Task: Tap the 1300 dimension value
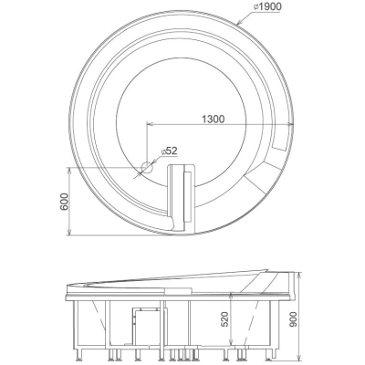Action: pos(213,119)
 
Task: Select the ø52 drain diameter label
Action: pos(169,151)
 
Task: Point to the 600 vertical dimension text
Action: pos(64,202)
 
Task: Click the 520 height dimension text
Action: pos(224,319)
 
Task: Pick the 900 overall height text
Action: pos(293,319)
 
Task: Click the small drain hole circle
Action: pos(147,167)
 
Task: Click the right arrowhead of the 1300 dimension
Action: pos(290,124)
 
